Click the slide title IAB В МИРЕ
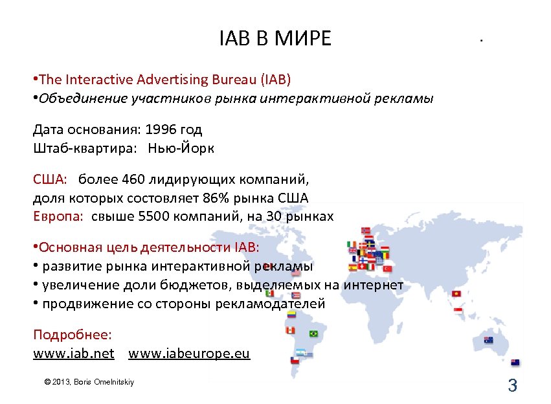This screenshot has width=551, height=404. click(275, 39)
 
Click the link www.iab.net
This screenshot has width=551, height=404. click(74, 354)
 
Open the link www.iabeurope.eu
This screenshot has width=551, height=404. click(188, 354)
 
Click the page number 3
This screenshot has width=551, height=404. click(512, 387)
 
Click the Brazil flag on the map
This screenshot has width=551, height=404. click(313, 333)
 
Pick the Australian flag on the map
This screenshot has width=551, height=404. click(488, 339)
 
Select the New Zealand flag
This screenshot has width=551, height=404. click(515, 363)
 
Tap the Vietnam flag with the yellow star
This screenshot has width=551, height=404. click(457, 295)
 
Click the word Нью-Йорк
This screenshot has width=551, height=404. click(181, 148)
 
